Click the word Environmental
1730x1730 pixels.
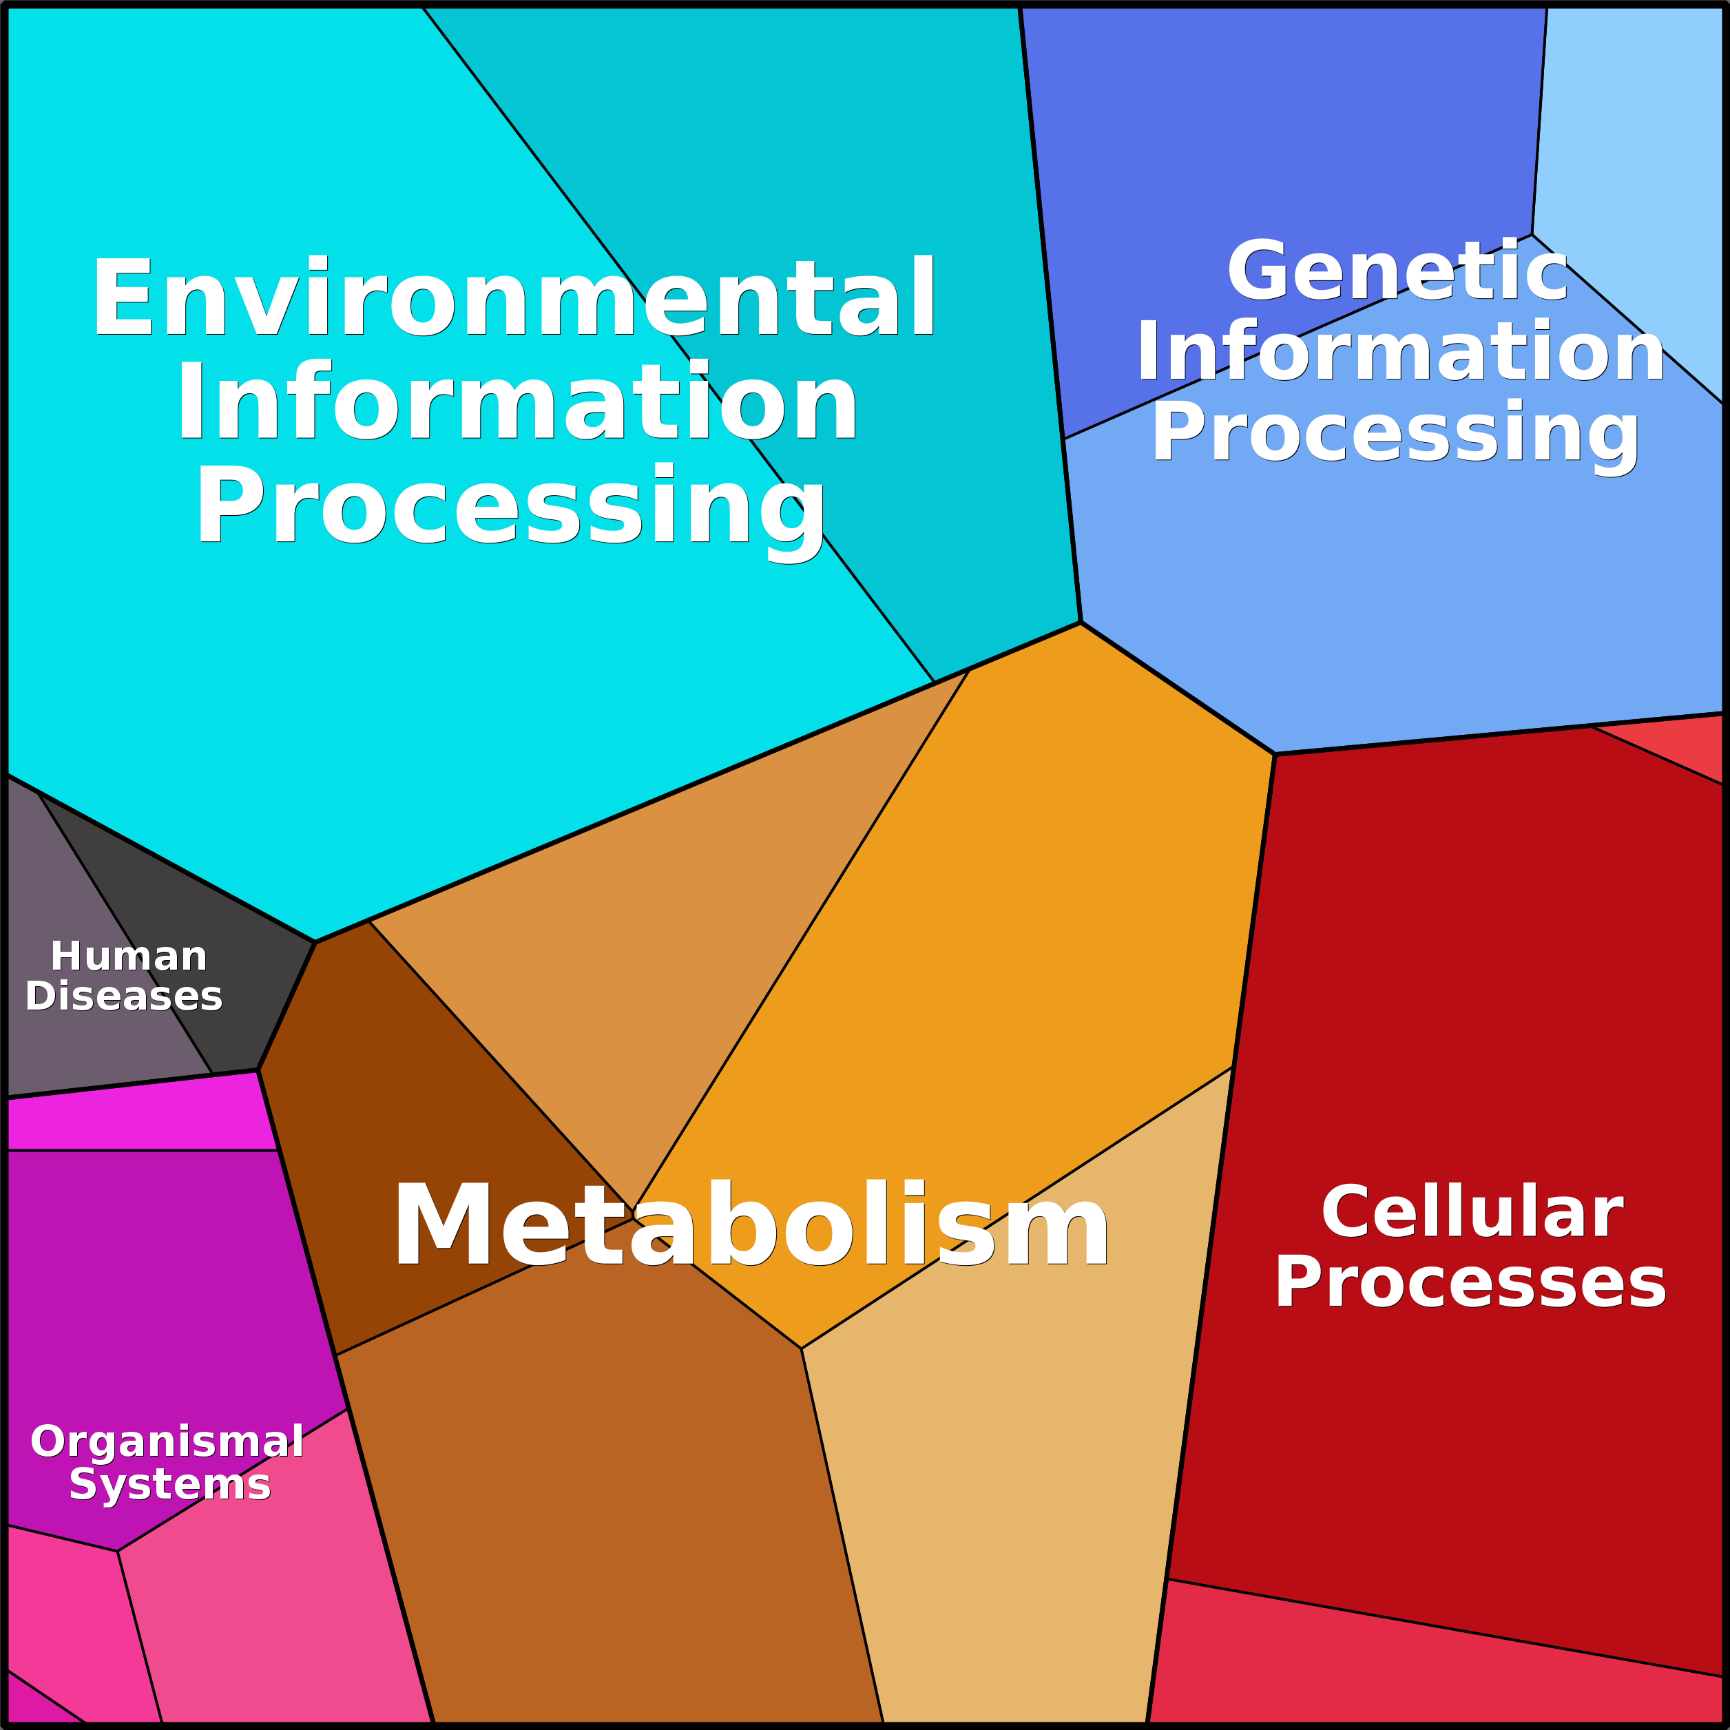pyautogui.click(x=514, y=298)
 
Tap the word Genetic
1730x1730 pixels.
pyautogui.click(x=1397, y=271)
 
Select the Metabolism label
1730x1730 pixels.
pyautogui.click(x=751, y=1226)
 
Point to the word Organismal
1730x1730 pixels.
pyautogui.click(x=167, y=1441)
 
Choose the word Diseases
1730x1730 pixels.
pyautogui.click(x=123, y=996)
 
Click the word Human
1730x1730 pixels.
pyautogui.click(x=129, y=957)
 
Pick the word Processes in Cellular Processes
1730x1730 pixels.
pyautogui.click(x=1470, y=1282)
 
